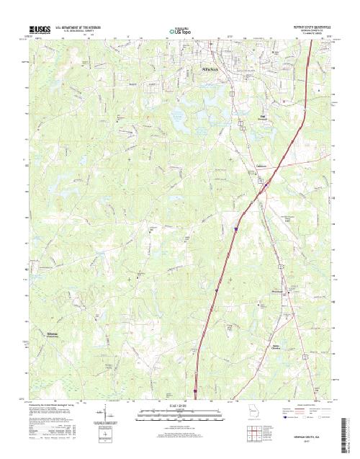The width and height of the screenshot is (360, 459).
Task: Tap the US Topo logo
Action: pyautogui.click(x=180, y=32)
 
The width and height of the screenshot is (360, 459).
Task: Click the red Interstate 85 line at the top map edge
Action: pyautogui.click(x=310, y=40)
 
